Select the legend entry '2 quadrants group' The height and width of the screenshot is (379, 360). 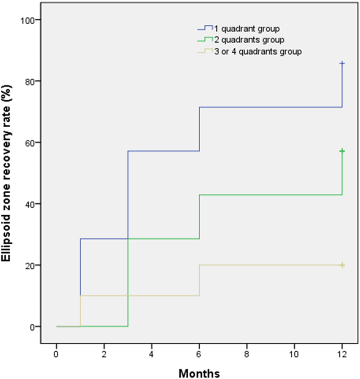(x=241, y=40)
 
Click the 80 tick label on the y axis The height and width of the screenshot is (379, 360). (x=29, y=81)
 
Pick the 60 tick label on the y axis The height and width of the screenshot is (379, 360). (x=29, y=143)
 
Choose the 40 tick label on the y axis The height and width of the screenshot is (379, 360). (x=29, y=204)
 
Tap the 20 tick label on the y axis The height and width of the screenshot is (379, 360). (x=29, y=265)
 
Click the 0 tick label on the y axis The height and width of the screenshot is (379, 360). (x=31, y=327)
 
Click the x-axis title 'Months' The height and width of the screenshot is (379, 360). (x=199, y=372)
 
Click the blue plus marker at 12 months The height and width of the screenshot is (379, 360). (x=342, y=64)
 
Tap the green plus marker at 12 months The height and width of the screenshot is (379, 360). (x=342, y=151)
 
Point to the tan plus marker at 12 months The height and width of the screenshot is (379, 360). (x=342, y=265)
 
